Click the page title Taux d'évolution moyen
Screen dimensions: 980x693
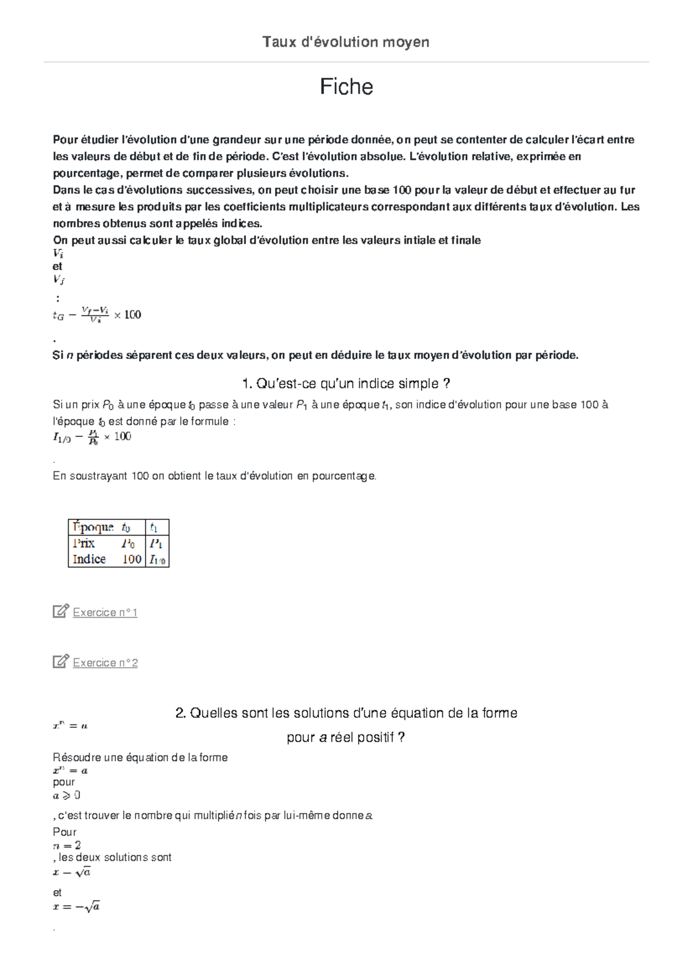click(345, 42)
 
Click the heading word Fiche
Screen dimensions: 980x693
click(346, 87)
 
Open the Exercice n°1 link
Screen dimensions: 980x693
click(105, 612)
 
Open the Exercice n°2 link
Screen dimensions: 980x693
click(105, 663)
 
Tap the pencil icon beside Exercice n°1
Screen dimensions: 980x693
click(61, 611)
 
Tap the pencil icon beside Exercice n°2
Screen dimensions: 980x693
click(61, 661)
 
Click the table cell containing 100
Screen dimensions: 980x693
click(132, 559)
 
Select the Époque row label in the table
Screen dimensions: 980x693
click(92, 527)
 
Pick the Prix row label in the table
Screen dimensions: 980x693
click(84, 543)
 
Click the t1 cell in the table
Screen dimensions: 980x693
click(154, 528)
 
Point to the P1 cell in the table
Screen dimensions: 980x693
click(156, 544)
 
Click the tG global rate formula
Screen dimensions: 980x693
click(96, 315)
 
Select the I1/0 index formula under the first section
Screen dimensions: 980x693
click(92, 437)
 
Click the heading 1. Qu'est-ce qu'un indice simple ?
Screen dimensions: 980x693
click(346, 384)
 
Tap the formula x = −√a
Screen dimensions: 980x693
click(76, 907)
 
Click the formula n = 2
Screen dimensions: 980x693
click(66, 846)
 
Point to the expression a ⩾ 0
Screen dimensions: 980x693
click(66, 796)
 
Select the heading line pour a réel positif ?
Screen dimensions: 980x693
click(346, 738)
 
